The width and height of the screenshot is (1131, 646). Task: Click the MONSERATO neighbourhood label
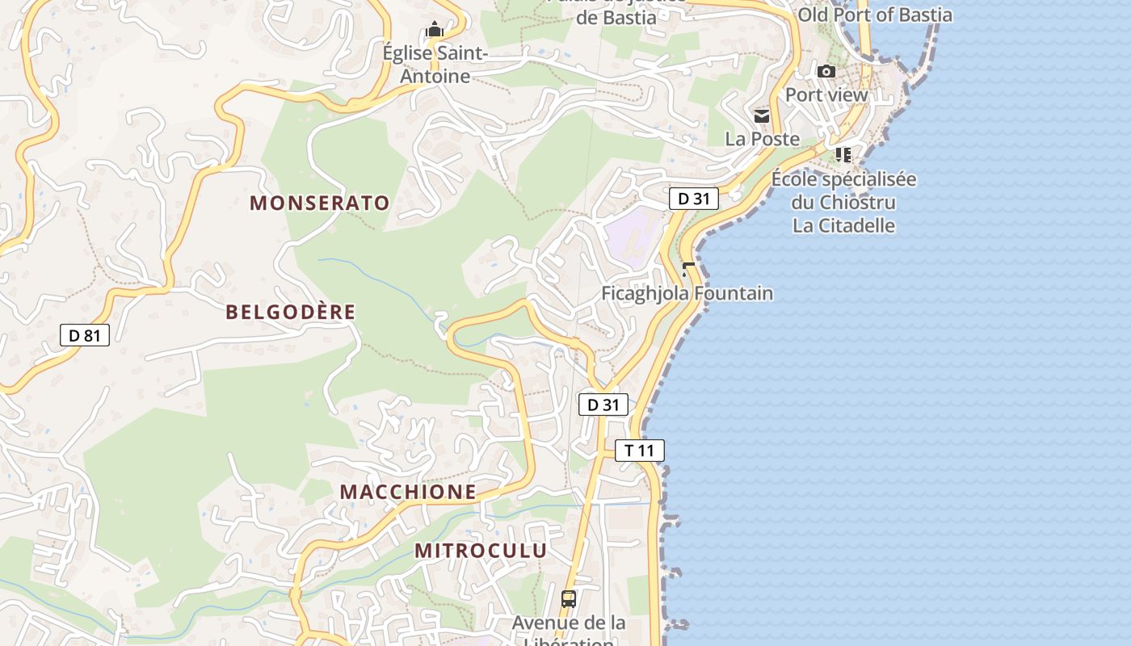tap(320, 203)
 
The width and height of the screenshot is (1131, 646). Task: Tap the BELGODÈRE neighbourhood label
tap(291, 313)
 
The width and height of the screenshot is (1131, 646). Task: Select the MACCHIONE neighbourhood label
tap(408, 492)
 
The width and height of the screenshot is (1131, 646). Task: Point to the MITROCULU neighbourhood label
tap(481, 551)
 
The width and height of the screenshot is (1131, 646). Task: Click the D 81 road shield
tap(85, 334)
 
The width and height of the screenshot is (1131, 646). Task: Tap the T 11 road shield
tap(640, 451)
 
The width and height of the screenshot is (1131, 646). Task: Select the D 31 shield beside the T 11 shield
tap(603, 405)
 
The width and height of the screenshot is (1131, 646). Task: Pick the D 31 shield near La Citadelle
tap(694, 199)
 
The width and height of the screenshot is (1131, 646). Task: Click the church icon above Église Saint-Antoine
tap(435, 31)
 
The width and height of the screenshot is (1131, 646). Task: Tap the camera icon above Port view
tap(826, 72)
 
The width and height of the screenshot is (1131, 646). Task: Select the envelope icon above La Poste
tap(762, 116)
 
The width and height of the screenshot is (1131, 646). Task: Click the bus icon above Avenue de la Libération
tap(569, 599)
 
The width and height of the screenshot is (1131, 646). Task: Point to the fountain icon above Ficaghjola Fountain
tap(688, 269)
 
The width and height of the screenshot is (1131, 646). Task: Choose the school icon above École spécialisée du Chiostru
tap(843, 154)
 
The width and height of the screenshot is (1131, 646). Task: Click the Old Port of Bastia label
tap(875, 15)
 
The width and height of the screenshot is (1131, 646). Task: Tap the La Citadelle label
tap(844, 225)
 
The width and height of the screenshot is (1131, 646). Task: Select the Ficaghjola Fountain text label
tap(687, 293)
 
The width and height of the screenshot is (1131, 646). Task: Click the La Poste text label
tap(762, 139)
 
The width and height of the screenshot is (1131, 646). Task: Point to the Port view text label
tap(826, 94)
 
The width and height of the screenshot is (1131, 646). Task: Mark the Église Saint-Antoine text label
tap(435, 65)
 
